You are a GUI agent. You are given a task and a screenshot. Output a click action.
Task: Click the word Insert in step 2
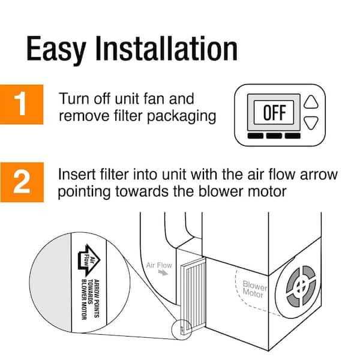click(77, 175)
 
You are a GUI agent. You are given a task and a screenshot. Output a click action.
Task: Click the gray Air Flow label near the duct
click(158, 263)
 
